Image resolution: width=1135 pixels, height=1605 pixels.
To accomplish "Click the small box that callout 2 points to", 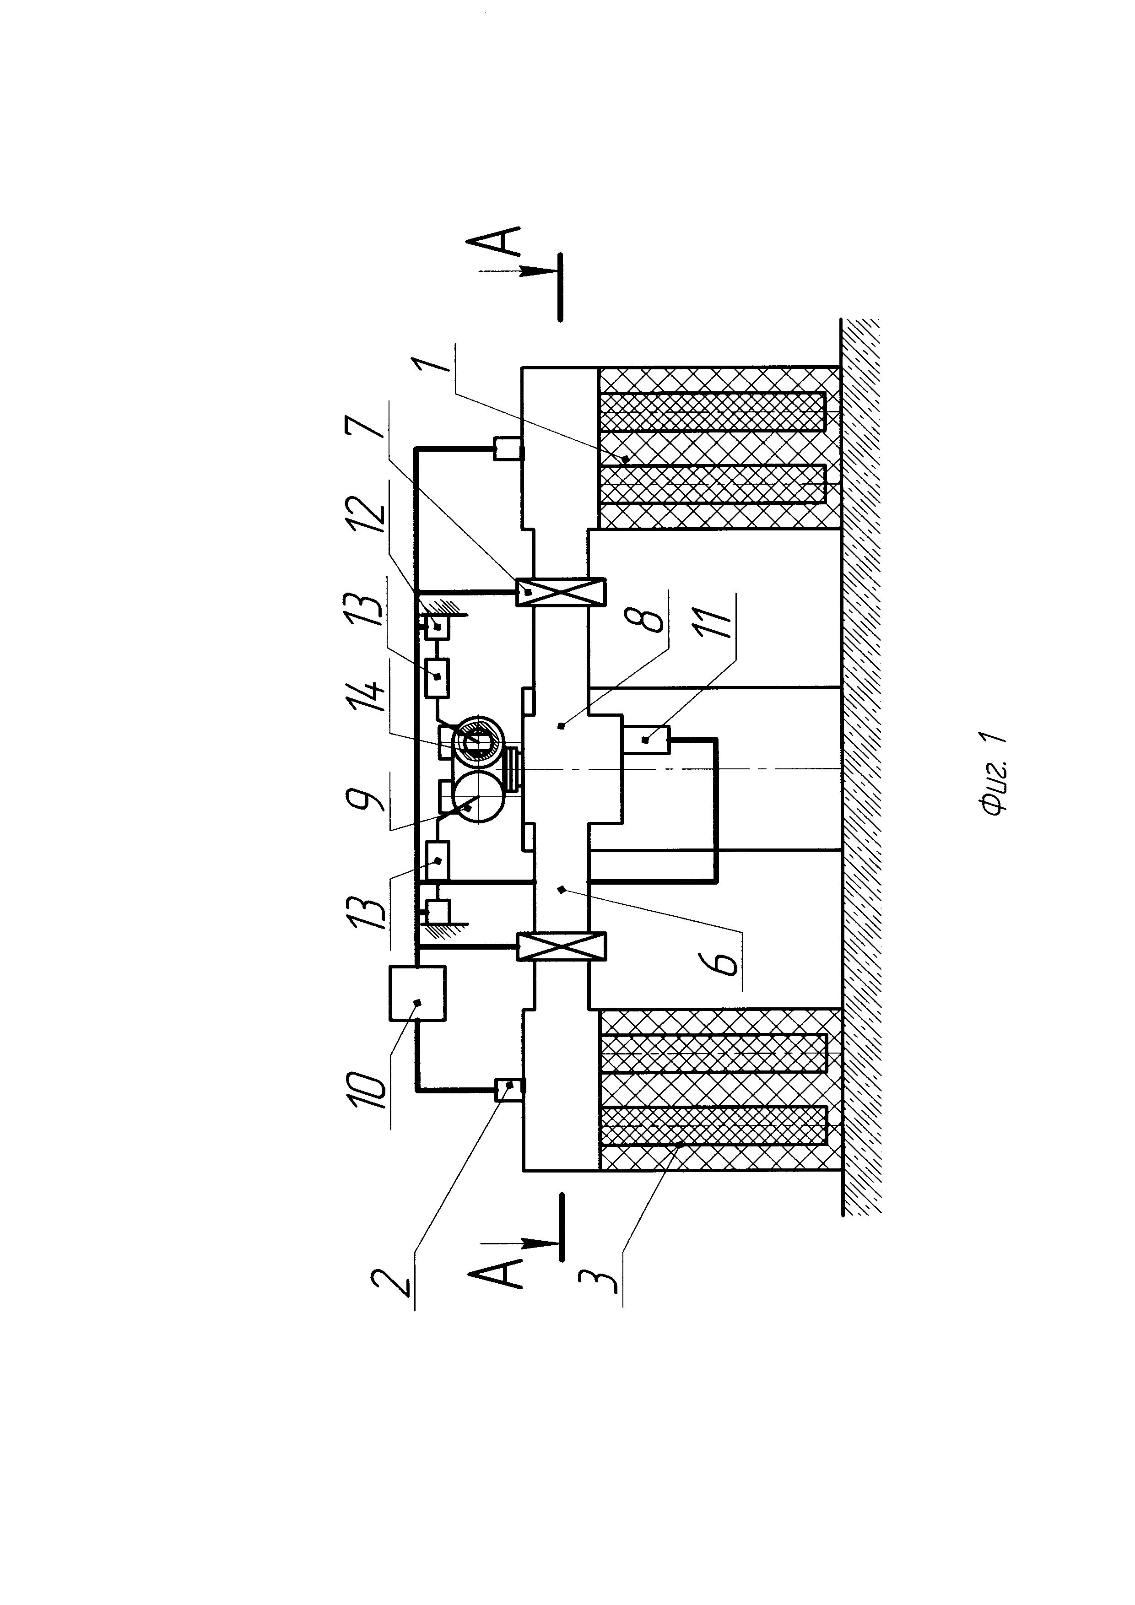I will [509, 1090].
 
